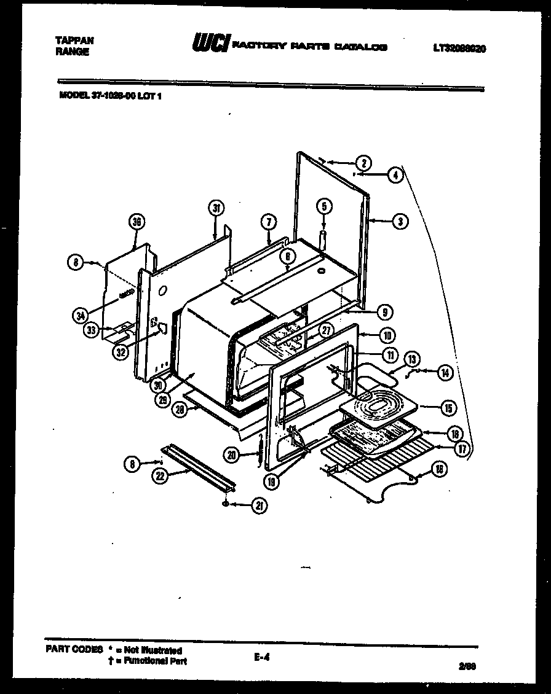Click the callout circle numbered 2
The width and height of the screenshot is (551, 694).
point(363,163)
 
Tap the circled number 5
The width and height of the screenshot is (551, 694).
point(324,206)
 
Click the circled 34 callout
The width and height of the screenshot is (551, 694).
point(79,316)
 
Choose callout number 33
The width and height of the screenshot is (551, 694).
point(91,330)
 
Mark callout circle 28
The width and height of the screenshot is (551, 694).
point(179,411)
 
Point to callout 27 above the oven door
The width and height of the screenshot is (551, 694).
point(326,330)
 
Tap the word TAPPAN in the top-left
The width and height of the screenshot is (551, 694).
point(75,40)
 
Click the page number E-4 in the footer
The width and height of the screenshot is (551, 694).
point(261,657)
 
